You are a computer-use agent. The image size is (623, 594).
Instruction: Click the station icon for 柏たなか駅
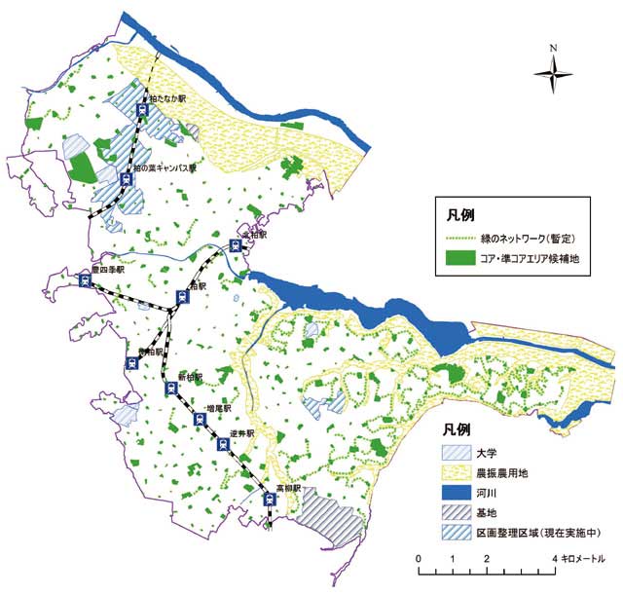143,111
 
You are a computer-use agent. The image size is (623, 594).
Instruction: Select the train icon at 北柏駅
235,247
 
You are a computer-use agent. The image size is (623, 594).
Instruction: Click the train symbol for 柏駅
182,297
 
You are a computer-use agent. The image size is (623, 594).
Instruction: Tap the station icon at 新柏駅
170,390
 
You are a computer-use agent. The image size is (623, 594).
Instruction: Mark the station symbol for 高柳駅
271,500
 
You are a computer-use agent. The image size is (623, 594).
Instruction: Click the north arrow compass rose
553,69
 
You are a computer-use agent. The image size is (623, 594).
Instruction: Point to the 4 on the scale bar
553,557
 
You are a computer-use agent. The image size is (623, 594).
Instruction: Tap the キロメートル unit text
585,558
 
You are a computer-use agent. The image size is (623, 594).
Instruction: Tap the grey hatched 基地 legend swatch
454,515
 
